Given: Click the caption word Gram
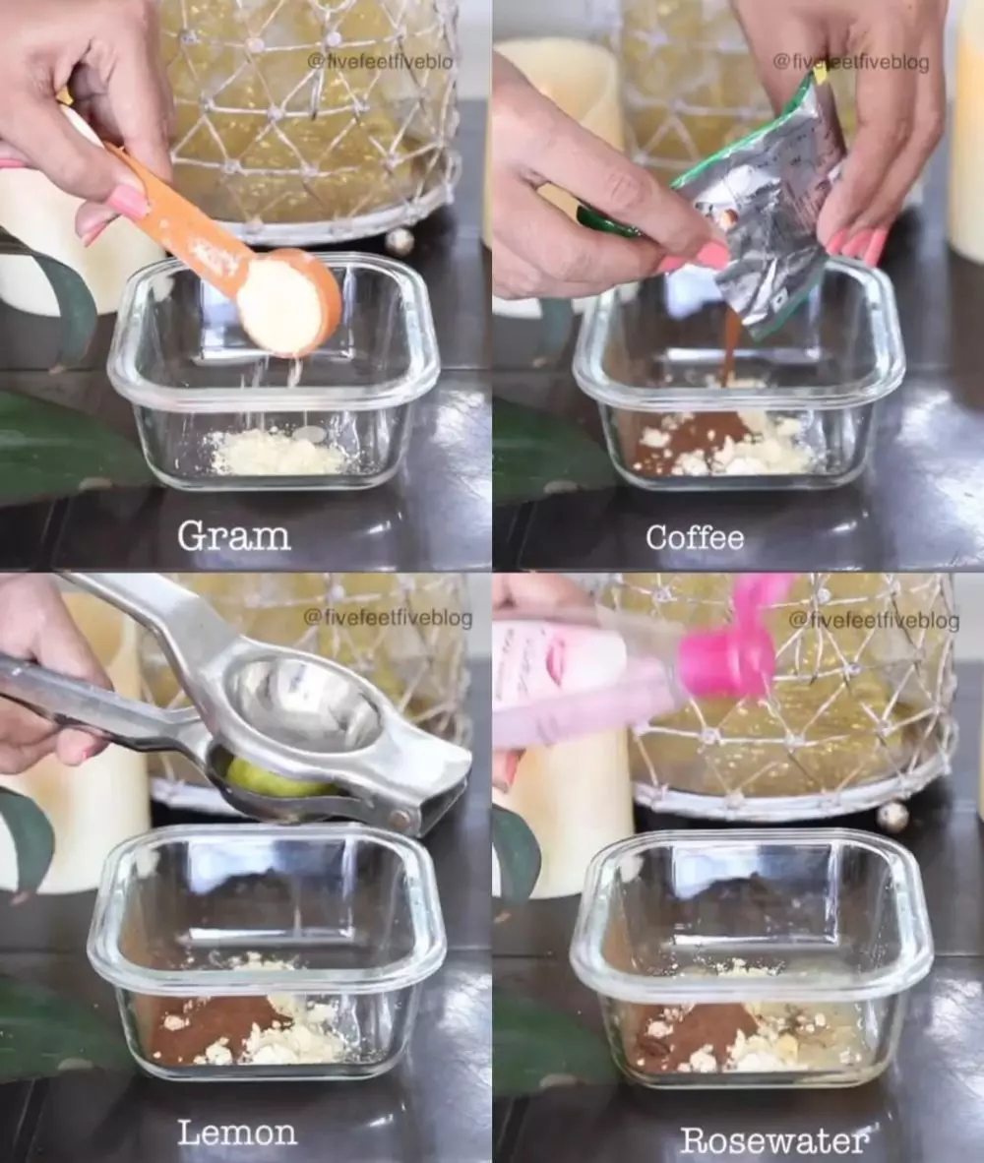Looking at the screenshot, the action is tap(233, 535).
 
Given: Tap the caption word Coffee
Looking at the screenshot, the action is tap(695, 537).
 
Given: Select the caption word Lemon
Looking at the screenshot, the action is tap(237, 1132).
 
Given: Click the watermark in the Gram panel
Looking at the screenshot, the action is tap(380, 62).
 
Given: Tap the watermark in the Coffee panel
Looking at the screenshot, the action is tap(850, 62).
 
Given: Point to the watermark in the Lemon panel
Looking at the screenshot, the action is tap(388, 617).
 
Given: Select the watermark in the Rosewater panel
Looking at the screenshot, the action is tap(874, 619).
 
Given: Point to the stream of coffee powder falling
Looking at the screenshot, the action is tap(727, 347).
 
